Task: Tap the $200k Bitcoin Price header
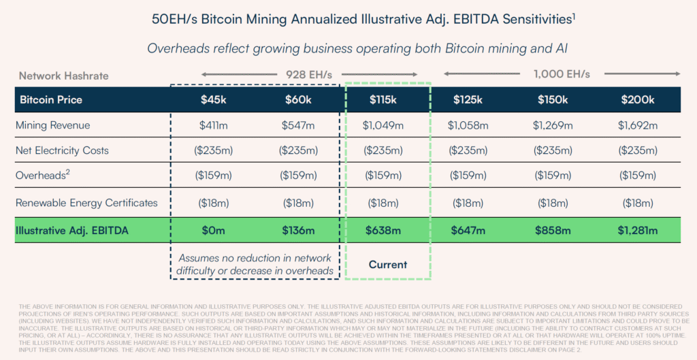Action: tap(638, 100)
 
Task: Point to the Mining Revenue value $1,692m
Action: tap(638, 125)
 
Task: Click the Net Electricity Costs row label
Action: tap(63, 150)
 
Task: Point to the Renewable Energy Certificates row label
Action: tap(86, 203)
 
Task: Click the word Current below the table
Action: tap(388, 264)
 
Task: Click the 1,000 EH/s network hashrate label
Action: tap(562, 74)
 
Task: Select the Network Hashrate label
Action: tap(63, 76)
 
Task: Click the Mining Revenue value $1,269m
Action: tap(552, 125)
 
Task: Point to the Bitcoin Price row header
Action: tap(51, 100)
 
